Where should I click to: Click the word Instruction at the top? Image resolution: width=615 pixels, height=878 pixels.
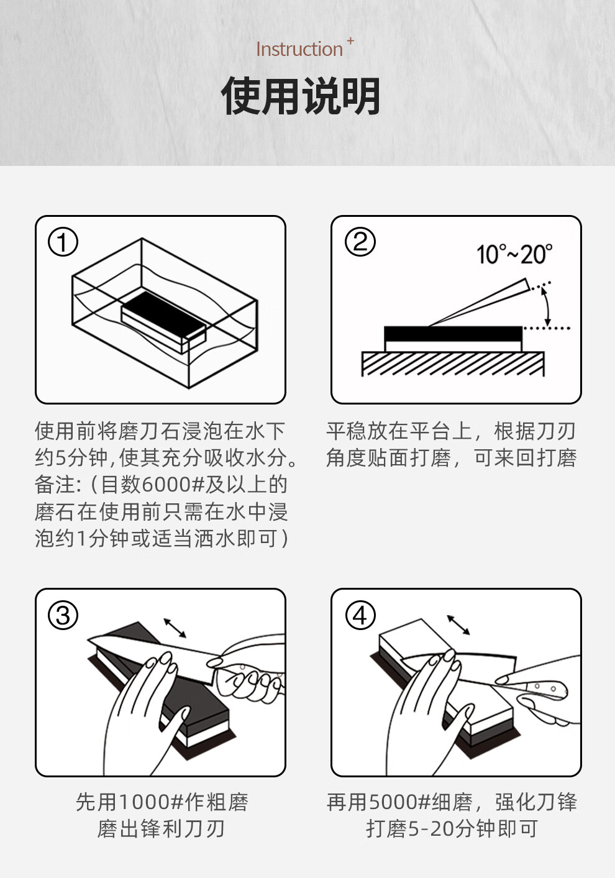299,49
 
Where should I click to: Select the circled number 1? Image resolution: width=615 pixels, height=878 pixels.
63,242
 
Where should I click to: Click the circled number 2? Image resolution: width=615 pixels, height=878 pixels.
360,242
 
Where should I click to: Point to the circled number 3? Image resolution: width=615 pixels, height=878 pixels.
63,615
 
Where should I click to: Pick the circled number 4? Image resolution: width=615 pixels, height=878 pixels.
360,615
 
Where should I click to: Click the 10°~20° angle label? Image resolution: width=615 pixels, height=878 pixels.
514,254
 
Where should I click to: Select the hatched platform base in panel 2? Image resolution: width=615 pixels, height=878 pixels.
453,364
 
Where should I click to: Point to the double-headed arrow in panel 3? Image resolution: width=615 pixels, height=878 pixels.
175,628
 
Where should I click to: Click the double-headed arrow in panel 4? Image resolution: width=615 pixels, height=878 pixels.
458,624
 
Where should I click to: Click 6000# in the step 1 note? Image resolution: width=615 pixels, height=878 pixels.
173,485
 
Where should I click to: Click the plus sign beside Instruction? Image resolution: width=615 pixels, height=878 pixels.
350,40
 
